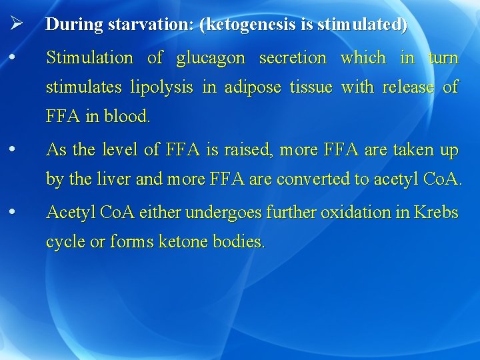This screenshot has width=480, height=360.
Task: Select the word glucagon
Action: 211,59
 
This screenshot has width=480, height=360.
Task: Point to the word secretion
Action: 293,58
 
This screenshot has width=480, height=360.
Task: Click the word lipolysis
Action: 163,87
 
